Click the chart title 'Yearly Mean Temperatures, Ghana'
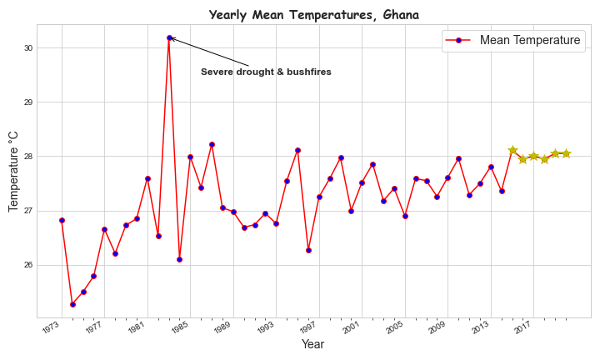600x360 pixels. [x=314, y=15]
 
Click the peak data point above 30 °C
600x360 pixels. [x=169, y=37]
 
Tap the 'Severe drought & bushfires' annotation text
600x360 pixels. [x=266, y=72]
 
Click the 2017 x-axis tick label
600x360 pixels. [x=523, y=328]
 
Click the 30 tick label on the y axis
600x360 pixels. [x=27, y=48]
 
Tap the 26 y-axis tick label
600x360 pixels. [x=27, y=265]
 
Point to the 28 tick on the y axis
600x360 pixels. [x=27, y=157]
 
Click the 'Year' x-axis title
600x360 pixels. [x=312, y=344]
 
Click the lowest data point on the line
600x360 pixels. [x=72, y=304]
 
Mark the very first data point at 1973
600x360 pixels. [x=62, y=220]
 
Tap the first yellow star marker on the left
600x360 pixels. [x=512, y=150]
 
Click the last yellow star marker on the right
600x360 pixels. [x=566, y=153]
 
